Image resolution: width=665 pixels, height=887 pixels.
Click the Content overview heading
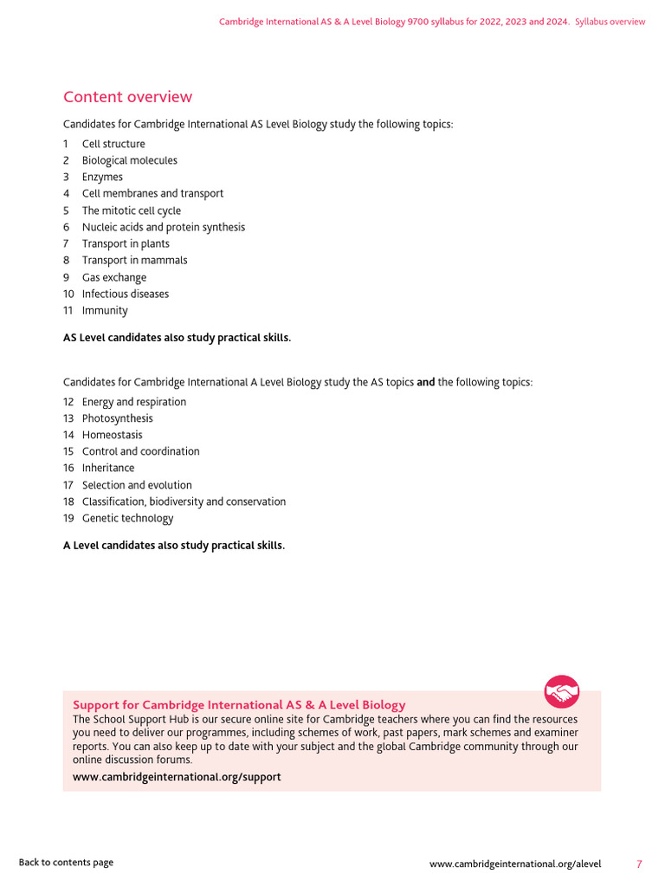127,97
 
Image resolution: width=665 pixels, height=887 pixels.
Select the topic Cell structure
113,144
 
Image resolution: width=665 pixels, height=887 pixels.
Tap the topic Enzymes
102,177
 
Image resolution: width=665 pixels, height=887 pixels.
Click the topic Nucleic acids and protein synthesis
163,227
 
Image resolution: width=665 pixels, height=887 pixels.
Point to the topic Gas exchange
114,277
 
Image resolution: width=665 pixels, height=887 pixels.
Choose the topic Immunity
105,310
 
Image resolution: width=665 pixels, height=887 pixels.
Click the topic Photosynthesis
117,418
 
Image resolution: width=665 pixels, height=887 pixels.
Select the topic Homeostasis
112,435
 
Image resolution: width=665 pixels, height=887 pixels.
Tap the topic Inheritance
108,468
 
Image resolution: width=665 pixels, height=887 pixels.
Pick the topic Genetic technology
127,518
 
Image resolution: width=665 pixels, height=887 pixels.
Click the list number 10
68,294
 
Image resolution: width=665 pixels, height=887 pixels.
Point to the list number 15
68,451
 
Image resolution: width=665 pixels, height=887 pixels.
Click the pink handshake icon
561,691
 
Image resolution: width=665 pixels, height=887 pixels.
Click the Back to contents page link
66,862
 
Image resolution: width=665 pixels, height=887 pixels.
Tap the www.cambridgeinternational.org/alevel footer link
514,864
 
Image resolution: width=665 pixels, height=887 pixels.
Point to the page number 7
639,864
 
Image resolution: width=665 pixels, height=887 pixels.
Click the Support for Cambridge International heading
239,705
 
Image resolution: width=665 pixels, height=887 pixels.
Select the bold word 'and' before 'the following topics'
425,382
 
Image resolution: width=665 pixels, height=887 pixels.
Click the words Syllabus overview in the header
610,22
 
